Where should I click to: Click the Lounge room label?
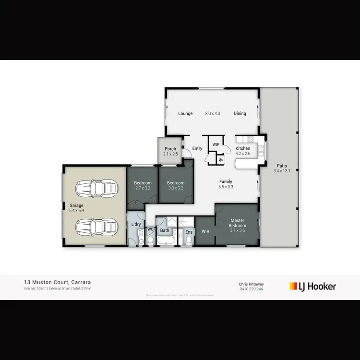[185, 114]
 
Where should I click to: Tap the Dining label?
[240, 114]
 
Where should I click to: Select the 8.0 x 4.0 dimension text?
[213, 114]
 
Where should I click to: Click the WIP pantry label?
[216, 144]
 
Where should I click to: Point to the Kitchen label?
[243, 149]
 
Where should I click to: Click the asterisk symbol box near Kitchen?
[221, 159]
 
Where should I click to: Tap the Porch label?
[170, 149]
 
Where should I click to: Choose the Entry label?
[197, 149]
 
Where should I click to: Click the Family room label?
[226, 181]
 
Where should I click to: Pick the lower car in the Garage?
[97, 226]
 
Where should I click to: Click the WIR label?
[205, 231]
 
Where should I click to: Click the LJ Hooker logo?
[312, 287]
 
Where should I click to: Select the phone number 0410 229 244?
[252, 289]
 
